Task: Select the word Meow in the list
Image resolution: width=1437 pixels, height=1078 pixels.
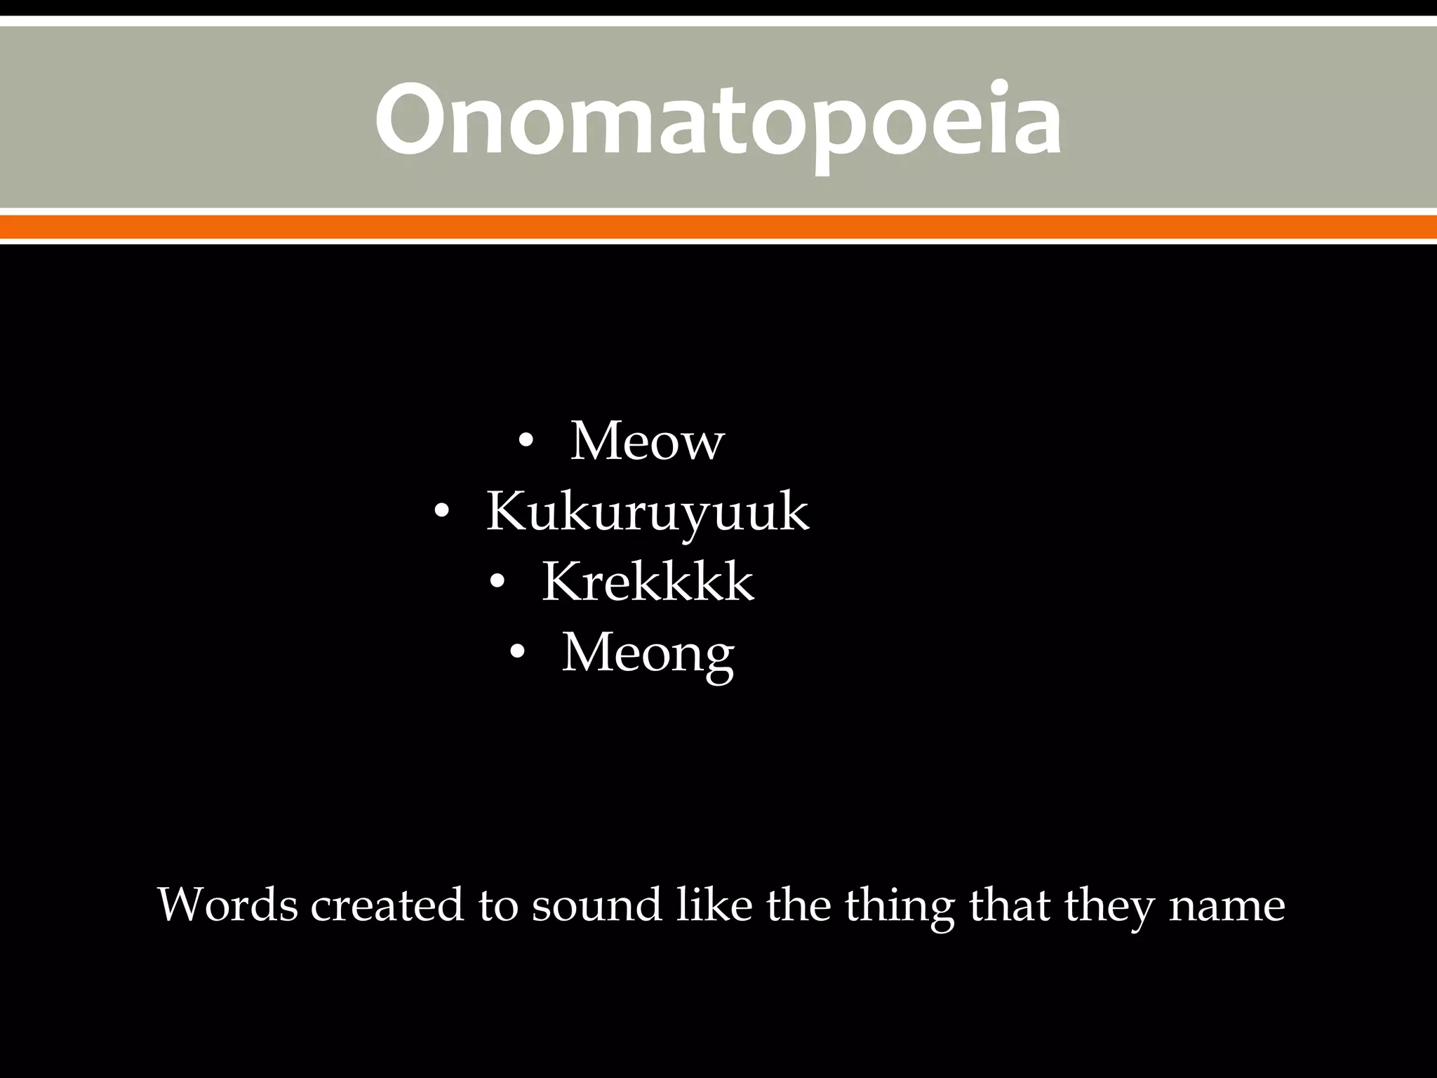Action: pyautogui.click(x=647, y=441)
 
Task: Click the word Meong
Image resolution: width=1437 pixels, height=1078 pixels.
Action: pyautogui.click(x=647, y=653)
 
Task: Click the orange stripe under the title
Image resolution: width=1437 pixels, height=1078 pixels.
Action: pyautogui.click(x=718, y=227)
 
